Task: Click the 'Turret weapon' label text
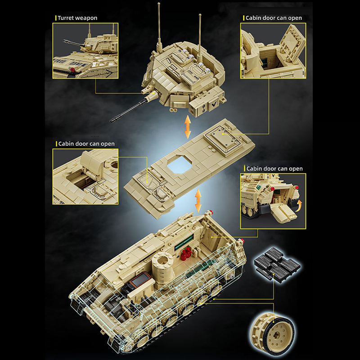(77, 18)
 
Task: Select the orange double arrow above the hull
(198, 200)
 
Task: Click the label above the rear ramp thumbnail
(274, 169)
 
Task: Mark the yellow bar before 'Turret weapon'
(55, 18)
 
